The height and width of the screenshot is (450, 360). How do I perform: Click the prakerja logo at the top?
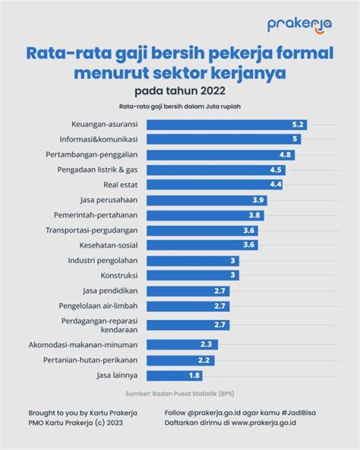click(x=299, y=26)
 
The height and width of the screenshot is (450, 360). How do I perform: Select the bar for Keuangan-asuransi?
click(x=227, y=125)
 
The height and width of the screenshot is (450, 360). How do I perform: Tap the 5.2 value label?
click(x=298, y=125)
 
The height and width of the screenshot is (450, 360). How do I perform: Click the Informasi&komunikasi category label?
click(x=99, y=139)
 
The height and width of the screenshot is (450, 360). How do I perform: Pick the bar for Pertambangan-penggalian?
click(x=220, y=155)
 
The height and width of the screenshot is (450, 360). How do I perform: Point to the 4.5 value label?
click(x=276, y=170)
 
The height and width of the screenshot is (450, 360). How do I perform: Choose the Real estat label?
click(x=121, y=185)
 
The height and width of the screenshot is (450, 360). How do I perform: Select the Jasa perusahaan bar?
click(x=207, y=201)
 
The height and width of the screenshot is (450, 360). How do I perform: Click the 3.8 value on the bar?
click(x=254, y=215)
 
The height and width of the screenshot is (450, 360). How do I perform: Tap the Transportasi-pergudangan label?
click(x=91, y=230)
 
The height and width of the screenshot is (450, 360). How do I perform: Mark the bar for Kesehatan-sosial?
click(x=202, y=245)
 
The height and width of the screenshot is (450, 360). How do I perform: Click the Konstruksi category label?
click(x=119, y=275)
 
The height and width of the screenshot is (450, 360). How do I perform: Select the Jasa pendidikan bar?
click(x=188, y=291)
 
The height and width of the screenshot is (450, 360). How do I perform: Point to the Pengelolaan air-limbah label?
click(x=98, y=306)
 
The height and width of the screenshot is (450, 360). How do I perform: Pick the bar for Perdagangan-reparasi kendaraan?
click(x=188, y=325)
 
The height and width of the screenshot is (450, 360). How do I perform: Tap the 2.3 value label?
click(x=206, y=344)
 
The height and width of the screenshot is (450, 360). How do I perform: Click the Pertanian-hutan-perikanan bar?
click(x=181, y=360)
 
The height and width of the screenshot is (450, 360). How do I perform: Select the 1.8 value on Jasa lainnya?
click(x=194, y=376)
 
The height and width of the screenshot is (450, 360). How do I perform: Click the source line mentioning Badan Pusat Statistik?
click(x=180, y=394)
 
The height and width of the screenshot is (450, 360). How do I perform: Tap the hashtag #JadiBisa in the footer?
click(x=298, y=413)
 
